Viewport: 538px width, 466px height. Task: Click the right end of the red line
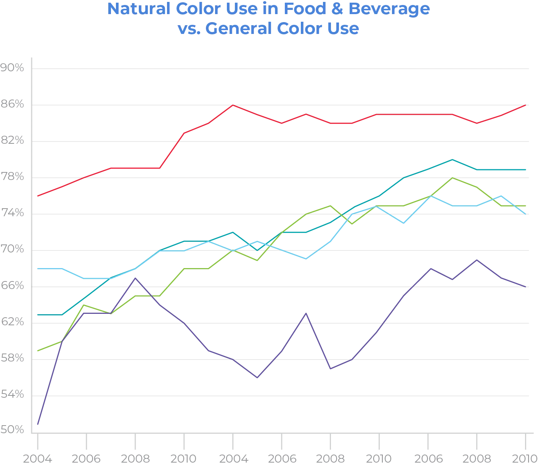coord(527,105)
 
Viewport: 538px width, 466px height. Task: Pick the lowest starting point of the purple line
coord(38,426)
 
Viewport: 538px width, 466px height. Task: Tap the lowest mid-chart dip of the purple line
coord(257,376)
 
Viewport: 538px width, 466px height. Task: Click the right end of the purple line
coord(527,287)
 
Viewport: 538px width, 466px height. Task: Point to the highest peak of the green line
coord(453,178)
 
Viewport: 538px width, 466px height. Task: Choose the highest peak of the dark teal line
coord(453,160)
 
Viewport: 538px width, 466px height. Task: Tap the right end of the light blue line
coord(527,215)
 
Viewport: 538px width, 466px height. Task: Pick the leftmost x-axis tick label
coord(38,459)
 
